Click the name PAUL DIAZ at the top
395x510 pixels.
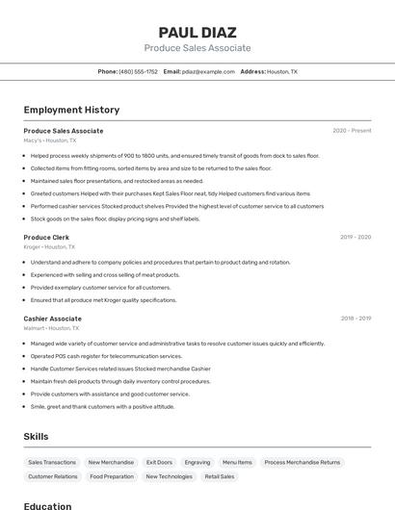197,32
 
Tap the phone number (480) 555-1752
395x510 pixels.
138,72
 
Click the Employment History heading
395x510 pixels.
71,110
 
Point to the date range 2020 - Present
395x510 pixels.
352,131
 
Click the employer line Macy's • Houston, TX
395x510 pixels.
50,140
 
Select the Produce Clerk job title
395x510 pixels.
46,237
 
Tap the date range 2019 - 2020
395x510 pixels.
355,237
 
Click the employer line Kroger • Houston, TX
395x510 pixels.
50,246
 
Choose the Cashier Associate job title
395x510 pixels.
52,319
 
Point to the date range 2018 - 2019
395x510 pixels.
355,319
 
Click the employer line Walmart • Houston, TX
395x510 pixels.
52,328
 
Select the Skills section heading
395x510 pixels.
36,437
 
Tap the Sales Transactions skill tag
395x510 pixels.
52,463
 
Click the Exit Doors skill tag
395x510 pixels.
159,463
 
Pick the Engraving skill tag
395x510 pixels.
197,463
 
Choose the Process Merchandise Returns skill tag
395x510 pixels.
302,463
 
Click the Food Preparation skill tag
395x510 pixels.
112,476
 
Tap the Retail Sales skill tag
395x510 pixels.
220,476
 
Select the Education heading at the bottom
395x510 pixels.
47,505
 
